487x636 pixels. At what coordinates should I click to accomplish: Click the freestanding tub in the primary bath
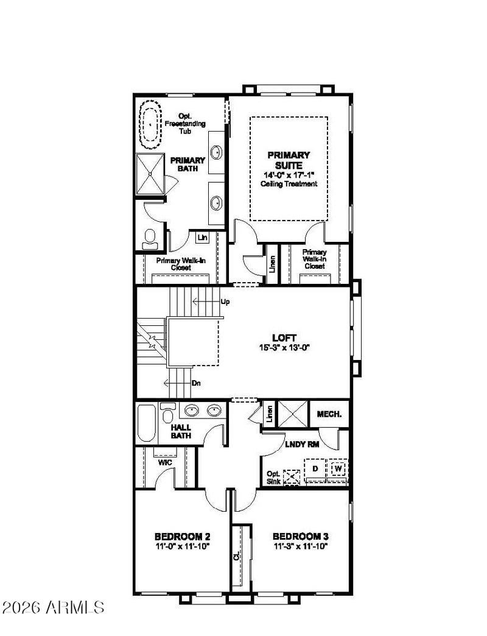(150, 124)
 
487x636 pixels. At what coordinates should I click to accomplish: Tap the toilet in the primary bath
(150, 239)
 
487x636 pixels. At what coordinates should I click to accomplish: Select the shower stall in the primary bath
(150, 174)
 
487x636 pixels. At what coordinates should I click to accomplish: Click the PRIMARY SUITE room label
(289, 160)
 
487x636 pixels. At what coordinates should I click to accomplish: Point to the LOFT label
(284, 337)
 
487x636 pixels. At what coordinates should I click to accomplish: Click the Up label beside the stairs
(225, 302)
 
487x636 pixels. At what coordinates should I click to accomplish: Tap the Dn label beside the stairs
(196, 383)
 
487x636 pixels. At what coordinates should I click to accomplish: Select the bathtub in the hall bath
(146, 423)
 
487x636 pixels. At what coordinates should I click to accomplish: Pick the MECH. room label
(329, 414)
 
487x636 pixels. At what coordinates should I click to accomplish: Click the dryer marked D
(315, 469)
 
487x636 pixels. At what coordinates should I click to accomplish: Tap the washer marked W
(338, 469)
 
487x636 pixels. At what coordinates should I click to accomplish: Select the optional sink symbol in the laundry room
(292, 477)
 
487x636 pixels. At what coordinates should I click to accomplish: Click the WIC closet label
(165, 462)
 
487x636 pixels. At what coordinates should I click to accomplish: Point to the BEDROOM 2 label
(183, 537)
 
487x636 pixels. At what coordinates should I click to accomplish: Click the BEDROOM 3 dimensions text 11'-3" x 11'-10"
(301, 546)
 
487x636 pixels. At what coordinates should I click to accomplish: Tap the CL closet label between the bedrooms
(237, 556)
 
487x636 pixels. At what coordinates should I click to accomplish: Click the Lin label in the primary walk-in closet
(203, 238)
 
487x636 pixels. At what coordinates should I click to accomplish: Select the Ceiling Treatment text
(289, 184)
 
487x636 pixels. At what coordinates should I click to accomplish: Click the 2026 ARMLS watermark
(53, 607)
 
